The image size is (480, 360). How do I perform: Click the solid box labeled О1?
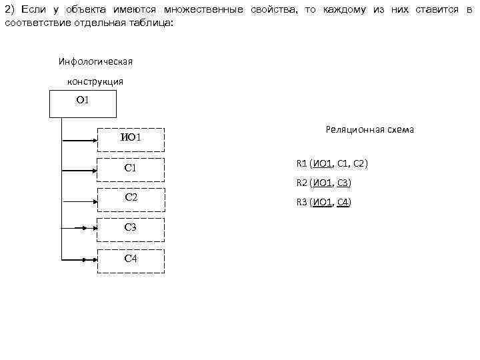click(x=83, y=104)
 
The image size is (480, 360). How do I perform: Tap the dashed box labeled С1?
click(x=131, y=170)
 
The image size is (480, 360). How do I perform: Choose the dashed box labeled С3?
click(x=131, y=229)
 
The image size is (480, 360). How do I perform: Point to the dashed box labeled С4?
click(x=131, y=260)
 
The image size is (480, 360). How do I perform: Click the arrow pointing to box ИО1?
click(x=79, y=141)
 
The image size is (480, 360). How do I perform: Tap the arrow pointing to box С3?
click(x=79, y=228)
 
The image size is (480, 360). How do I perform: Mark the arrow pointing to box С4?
click(x=79, y=258)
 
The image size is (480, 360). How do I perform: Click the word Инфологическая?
click(x=95, y=61)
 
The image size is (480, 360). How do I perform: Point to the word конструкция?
click(x=95, y=81)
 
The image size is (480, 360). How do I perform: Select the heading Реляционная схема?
click(x=370, y=129)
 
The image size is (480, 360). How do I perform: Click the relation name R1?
click(x=301, y=163)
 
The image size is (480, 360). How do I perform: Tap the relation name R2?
click(x=301, y=183)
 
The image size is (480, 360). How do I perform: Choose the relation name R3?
click(x=301, y=202)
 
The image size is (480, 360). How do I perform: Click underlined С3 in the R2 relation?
click(x=343, y=183)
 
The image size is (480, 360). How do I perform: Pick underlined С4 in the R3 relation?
click(x=343, y=202)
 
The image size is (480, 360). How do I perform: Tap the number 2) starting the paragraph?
click(x=9, y=9)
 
